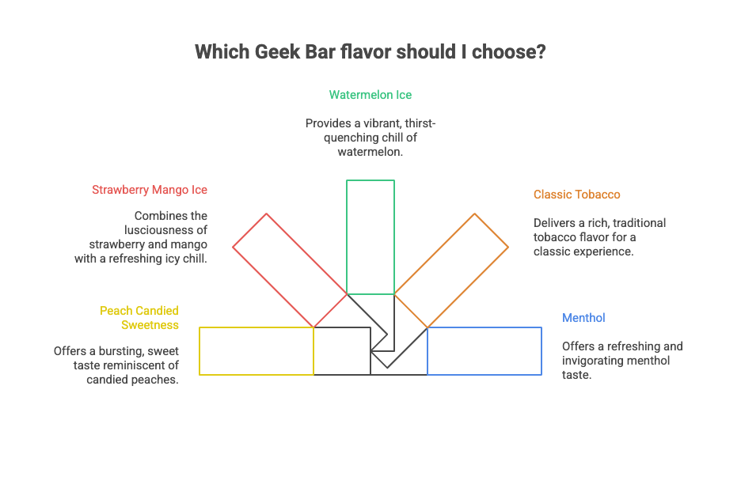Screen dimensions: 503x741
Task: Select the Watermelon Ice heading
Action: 370,95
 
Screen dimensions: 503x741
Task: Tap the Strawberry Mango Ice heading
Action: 150,190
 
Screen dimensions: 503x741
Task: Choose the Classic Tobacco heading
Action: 576,195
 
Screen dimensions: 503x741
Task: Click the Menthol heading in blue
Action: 583,318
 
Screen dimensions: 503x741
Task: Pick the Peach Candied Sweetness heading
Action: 139,317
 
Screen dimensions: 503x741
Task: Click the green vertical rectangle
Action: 370,237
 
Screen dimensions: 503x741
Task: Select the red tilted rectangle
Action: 291,270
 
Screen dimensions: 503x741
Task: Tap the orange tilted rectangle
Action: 451,270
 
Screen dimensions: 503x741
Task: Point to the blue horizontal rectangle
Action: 484,351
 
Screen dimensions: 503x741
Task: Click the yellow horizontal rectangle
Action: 256,351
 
